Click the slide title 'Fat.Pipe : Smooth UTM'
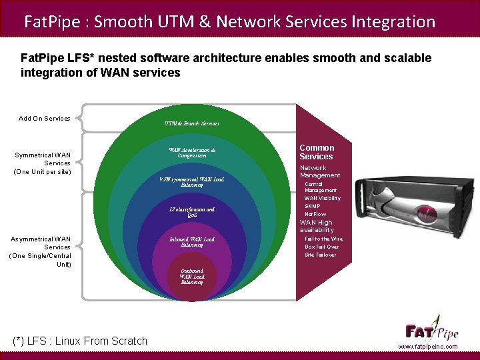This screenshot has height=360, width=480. (229, 21)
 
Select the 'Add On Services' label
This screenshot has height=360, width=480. (45, 119)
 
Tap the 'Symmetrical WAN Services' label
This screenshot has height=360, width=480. (43, 163)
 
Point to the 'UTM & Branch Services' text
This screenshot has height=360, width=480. (192, 123)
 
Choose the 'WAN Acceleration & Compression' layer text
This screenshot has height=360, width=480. (192, 153)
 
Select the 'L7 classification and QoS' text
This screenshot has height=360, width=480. (192, 212)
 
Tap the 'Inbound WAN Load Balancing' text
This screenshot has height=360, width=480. (192, 241)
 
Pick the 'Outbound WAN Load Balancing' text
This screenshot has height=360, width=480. (192, 277)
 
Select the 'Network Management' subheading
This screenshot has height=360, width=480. (320, 171)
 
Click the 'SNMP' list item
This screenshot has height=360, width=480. (313, 207)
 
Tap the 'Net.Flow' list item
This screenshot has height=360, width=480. (315, 215)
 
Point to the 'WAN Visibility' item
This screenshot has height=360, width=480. (323, 198)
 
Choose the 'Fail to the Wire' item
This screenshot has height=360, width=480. (324, 239)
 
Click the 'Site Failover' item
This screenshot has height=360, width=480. (321, 255)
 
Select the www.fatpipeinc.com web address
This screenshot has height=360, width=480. (428, 347)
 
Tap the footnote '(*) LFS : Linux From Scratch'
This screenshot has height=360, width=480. (81, 341)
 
